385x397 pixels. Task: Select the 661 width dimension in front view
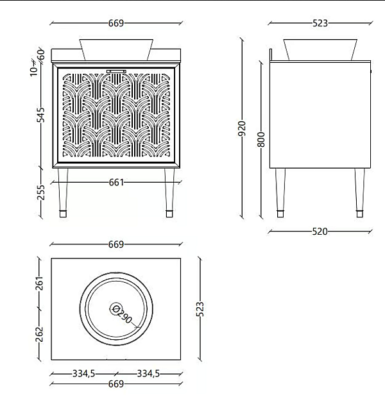click(116, 183)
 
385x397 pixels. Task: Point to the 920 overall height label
click(242, 129)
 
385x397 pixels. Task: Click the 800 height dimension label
click(262, 139)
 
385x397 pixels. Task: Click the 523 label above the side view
click(320, 23)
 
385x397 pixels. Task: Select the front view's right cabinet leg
click(170, 193)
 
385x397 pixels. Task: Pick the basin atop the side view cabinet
click(320, 49)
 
